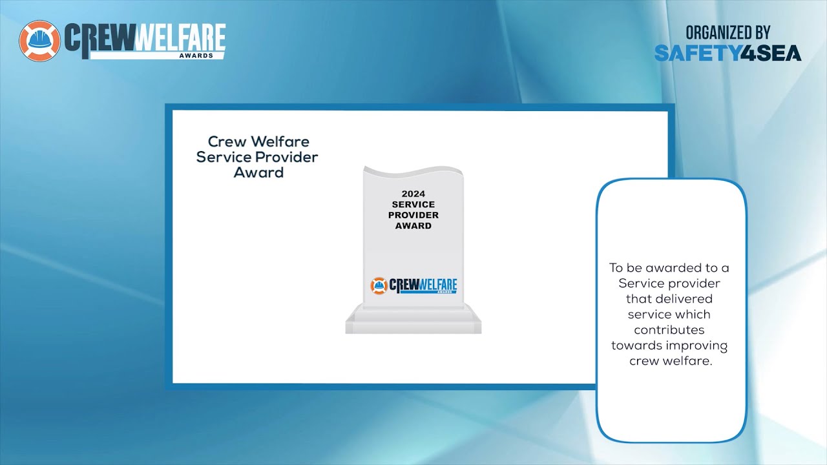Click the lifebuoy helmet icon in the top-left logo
(x=40, y=41)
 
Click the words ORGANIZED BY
(x=728, y=32)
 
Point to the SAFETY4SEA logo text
(x=728, y=53)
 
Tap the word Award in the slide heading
(x=258, y=172)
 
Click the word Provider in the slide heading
(x=286, y=157)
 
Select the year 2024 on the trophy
(x=413, y=194)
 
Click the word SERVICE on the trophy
(x=413, y=205)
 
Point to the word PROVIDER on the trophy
(x=413, y=215)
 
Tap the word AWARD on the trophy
(x=413, y=226)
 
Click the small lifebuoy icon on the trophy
(x=378, y=285)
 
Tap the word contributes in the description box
(x=671, y=330)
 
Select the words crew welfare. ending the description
(x=671, y=361)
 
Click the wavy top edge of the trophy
(x=413, y=172)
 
